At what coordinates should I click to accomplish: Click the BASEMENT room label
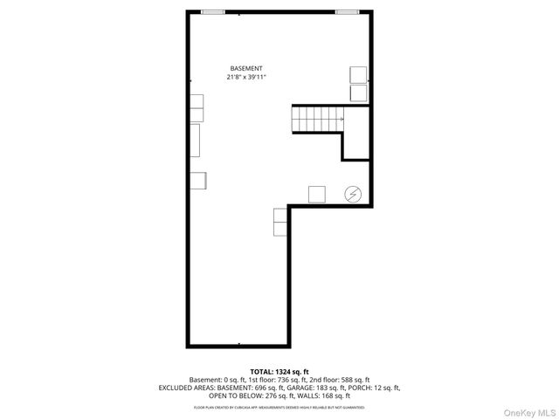246,68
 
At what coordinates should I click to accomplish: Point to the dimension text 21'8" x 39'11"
246,77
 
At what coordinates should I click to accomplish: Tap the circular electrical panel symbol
354,194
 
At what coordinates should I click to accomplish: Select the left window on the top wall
212,11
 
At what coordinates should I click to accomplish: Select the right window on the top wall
347,11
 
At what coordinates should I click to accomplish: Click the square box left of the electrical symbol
317,194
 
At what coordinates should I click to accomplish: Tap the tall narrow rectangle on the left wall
196,140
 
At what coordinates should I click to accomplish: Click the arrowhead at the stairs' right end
341,117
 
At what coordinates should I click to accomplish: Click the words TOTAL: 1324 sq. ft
279,371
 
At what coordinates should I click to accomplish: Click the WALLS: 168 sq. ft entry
322,395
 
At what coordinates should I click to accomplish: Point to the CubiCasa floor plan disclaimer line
279,407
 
